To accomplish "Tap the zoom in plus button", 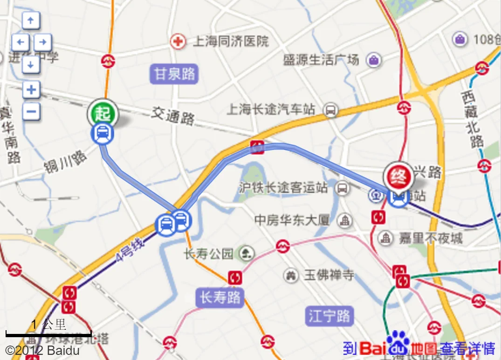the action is (31, 89).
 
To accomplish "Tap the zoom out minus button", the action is (31, 111).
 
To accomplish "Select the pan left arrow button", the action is (20, 42).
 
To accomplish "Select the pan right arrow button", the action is (42, 42).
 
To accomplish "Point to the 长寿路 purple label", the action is (220, 297).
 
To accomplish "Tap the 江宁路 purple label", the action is (329, 316).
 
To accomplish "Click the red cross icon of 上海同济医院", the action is (178, 41).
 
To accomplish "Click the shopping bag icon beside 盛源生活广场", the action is (373, 60).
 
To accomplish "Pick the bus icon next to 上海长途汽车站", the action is (330, 110).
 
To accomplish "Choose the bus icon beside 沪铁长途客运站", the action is (343, 188).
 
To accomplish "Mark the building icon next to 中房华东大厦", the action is (345, 220).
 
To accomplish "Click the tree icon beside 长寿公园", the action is (246, 254).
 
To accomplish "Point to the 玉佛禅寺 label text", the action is (329, 275).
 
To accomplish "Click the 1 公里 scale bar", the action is (48, 333).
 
